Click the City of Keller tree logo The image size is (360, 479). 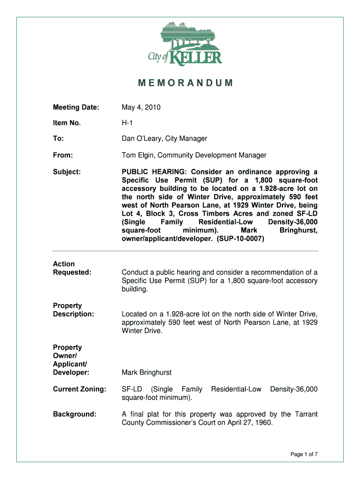pos(185,43)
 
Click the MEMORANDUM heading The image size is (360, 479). pos(185,84)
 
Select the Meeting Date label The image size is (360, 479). pos(76,108)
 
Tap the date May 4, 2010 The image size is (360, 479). pos(141,108)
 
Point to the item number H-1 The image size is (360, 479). pos(129,123)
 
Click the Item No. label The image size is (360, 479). pos(67,123)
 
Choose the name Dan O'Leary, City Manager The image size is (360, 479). pos(164,138)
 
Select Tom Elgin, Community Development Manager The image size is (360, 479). pos(194,155)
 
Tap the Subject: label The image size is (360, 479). pos(67,172)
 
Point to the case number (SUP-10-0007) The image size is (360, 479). pos(238,239)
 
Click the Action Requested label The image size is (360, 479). pos(72,268)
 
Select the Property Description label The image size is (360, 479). pos(73,310)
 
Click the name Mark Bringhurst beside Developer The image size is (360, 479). pos(146,372)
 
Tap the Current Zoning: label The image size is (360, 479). pos(79,389)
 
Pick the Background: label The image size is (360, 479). pos(75,414)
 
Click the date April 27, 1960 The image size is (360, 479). pos(252,422)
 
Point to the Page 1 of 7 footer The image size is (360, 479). pos(304,454)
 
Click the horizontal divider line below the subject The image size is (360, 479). pos(185,251)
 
